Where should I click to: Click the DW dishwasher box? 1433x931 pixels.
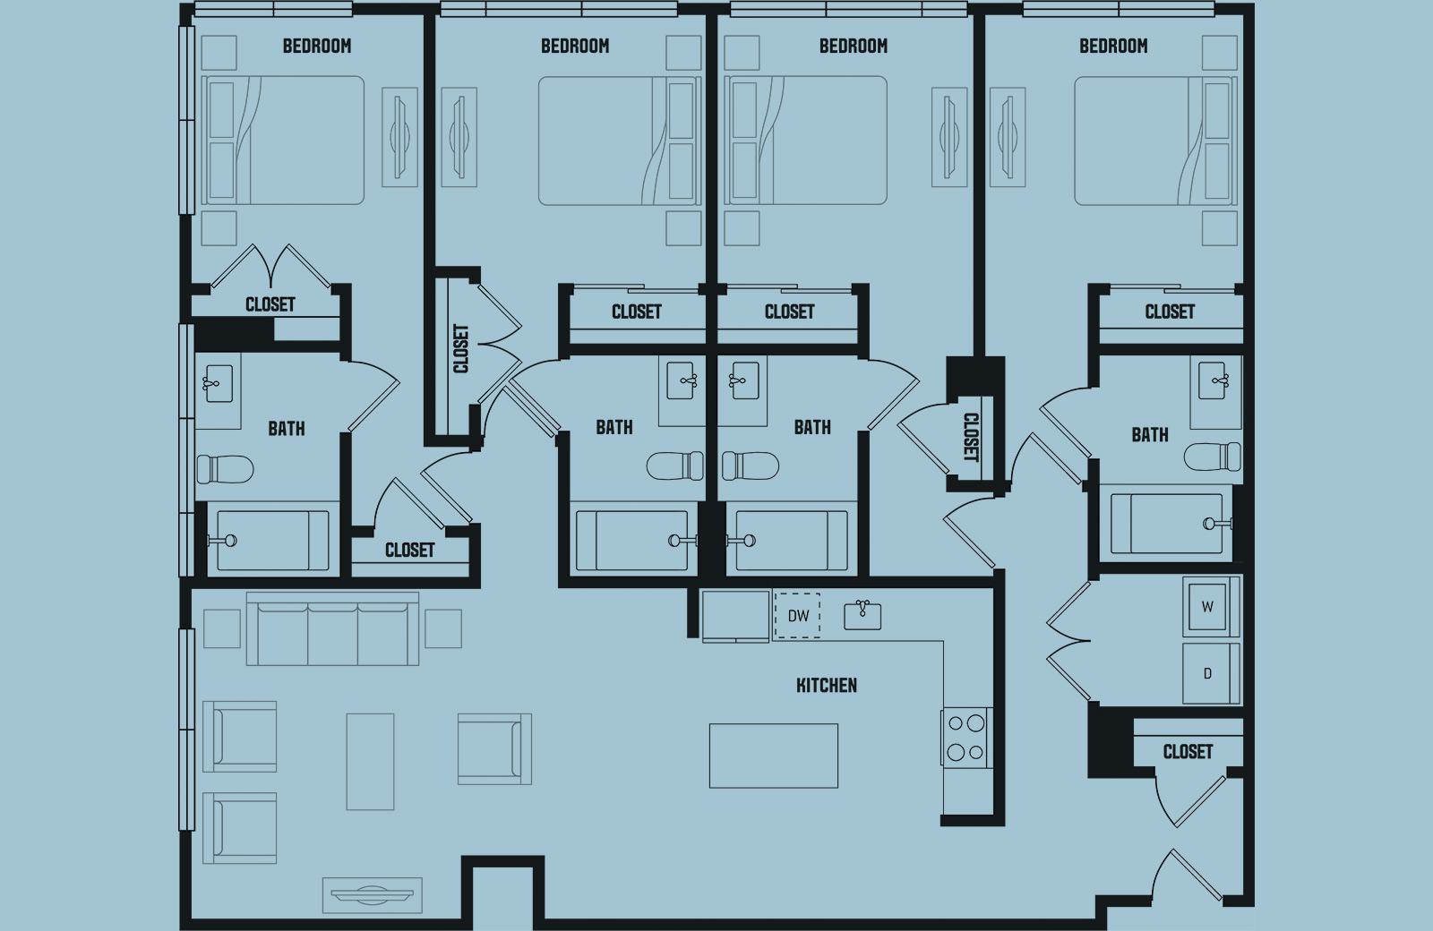[x=796, y=615]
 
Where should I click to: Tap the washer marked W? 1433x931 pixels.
[x=1207, y=607]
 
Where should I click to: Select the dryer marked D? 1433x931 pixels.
[x=1207, y=673]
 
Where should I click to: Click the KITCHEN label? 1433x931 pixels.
[x=826, y=686]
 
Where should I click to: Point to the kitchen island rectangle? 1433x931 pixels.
[x=773, y=756]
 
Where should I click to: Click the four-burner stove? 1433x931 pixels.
[x=965, y=737]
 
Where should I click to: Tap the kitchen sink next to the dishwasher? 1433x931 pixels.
[x=862, y=614]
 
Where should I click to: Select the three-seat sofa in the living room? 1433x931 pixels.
[x=332, y=628]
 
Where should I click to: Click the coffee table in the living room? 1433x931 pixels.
[x=370, y=761]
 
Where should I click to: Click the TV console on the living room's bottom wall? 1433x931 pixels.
[x=372, y=892]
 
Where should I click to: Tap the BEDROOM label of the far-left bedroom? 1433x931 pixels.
[x=316, y=46]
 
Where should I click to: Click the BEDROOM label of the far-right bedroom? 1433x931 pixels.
[x=1112, y=46]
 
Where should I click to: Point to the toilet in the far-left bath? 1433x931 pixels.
[x=224, y=468]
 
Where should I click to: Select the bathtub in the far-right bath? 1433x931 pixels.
[x=1165, y=524]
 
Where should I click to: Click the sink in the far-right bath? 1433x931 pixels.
[x=1214, y=381]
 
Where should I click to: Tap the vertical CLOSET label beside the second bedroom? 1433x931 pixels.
[x=460, y=348]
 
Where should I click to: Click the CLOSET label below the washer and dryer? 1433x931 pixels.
[x=1188, y=751]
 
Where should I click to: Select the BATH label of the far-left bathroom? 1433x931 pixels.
[x=286, y=429]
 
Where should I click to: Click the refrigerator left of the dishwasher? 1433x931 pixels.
[x=735, y=616]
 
